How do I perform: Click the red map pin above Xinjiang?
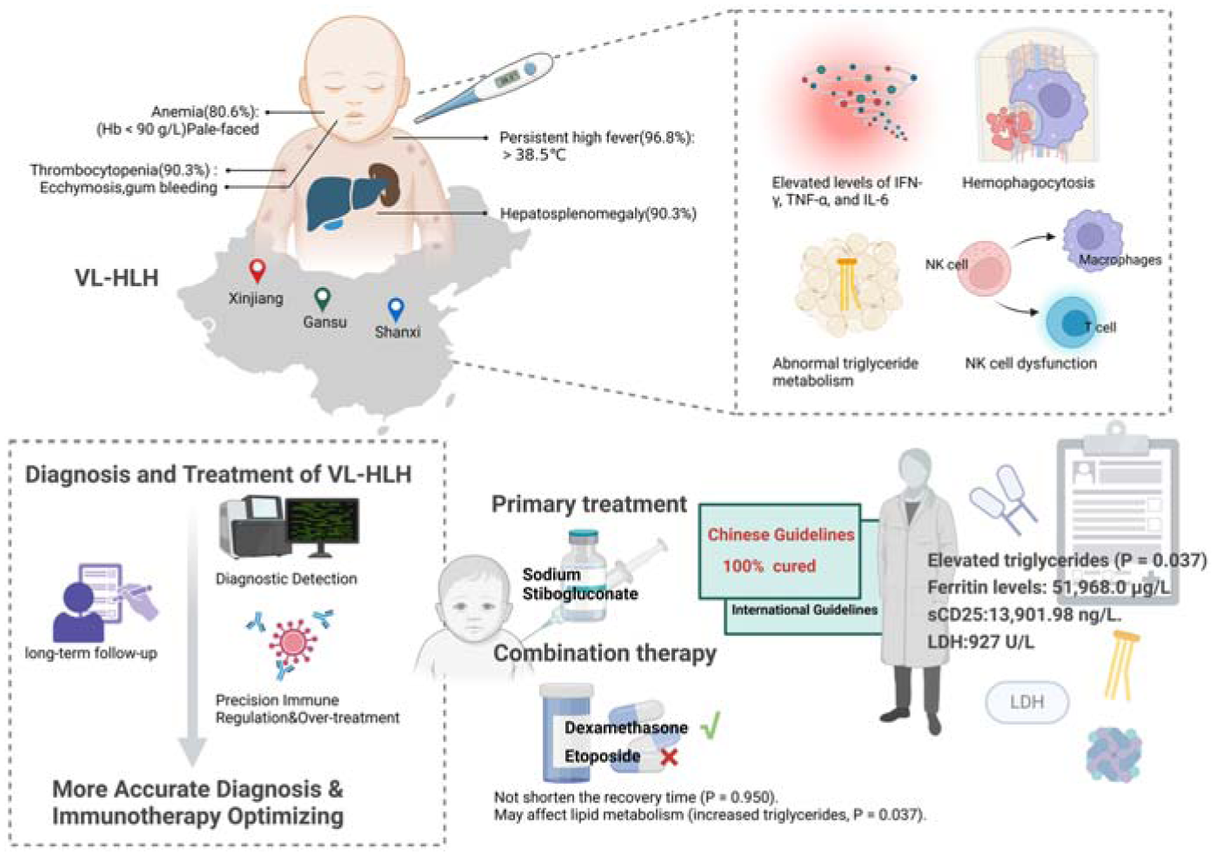[x=257, y=271]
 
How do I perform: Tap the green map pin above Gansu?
[x=323, y=298]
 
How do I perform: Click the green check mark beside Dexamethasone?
[x=710, y=726]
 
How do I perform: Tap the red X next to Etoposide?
[x=670, y=757]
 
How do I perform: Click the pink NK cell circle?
[x=984, y=269]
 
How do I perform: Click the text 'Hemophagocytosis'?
[x=1028, y=183]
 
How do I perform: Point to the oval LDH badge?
[x=1026, y=702]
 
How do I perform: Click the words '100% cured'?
[x=769, y=566]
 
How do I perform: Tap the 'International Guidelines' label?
[x=805, y=610]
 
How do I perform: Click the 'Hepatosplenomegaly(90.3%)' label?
[x=598, y=213]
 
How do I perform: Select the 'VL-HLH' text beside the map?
[x=117, y=278]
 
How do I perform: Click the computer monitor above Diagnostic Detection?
[x=323, y=527]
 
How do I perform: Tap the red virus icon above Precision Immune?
[x=292, y=643]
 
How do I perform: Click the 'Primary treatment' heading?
[x=589, y=505]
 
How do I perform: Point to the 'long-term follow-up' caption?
[x=91, y=652]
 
